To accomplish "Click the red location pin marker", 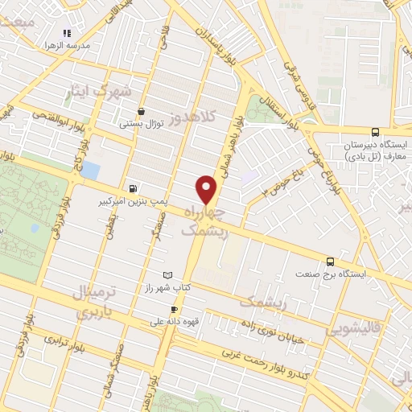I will (x=207, y=188).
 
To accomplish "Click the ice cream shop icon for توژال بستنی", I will (x=142, y=112).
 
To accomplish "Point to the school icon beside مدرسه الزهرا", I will (x=68, y=33).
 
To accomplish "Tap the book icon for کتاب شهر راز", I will (x=167, y=275).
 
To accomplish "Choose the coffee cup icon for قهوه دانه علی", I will (x=173, y=310).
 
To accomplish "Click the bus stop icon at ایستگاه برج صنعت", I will (x=330, y=262).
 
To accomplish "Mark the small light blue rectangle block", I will (x=91, y=171).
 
